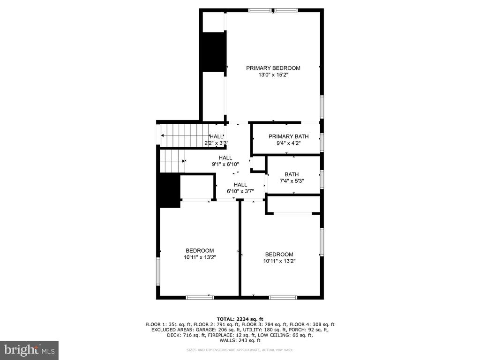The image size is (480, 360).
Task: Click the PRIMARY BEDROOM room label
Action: [273, 68]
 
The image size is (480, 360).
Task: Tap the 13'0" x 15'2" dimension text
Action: [273, 75]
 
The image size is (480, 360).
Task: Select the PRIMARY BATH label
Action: [288, 136]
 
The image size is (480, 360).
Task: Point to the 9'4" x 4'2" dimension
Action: [288, 143]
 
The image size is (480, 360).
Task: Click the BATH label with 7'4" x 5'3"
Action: [292, 174]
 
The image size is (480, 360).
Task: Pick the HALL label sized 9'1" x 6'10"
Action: [225, 158]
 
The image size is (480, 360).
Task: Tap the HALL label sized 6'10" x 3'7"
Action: [240, 185]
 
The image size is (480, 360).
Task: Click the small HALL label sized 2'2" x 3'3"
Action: [217, 136]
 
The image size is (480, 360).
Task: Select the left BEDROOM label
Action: [200, 251]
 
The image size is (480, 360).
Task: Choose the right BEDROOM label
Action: [279, 255]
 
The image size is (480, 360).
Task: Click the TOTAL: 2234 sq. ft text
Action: [240, 319]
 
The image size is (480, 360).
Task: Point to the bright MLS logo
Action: [29, 350]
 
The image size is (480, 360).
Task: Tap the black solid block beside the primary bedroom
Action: [213, 52]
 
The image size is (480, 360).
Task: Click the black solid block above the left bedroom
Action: [169, 190]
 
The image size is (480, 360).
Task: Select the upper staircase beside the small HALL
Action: [185, 135]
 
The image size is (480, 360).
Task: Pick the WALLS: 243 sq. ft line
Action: [240, 340]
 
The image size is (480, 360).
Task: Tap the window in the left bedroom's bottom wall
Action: [200, 297]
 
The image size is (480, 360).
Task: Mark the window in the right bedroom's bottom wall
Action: [283, 297]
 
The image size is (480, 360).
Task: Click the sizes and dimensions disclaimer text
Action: [240, 350]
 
